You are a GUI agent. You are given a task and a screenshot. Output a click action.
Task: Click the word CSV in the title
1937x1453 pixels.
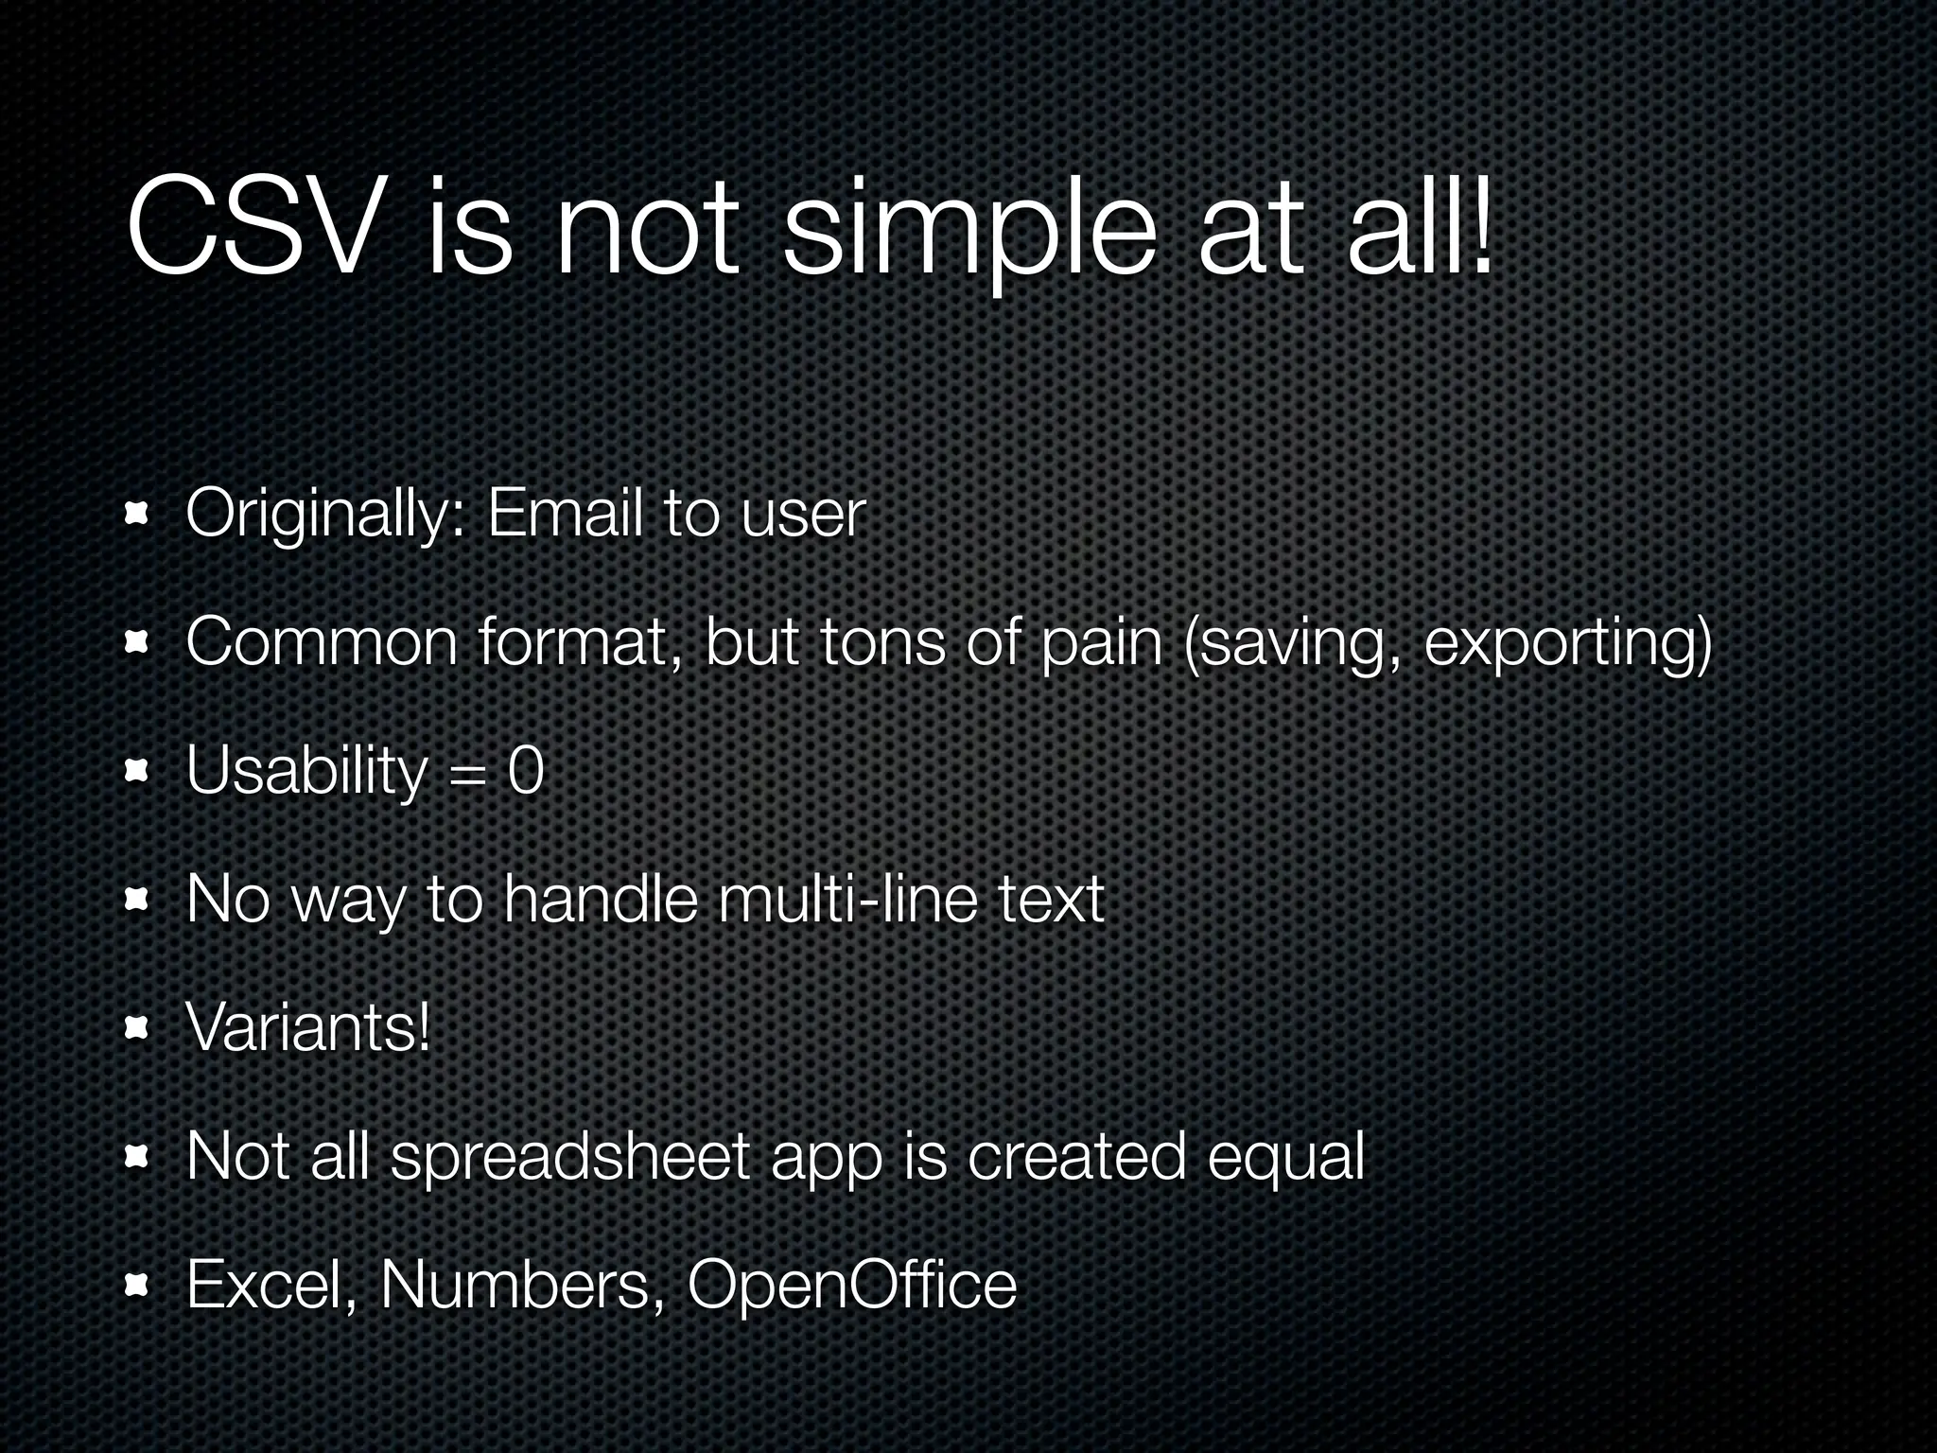(250, 230)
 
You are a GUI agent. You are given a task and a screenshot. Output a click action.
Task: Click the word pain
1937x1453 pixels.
(1101, 643)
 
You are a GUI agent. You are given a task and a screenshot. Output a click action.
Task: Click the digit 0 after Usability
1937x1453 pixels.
(526, 771)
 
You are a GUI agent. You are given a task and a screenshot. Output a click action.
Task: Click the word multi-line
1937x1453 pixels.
(847, 899)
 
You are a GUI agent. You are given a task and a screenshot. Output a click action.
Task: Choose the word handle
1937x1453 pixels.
(601, 899)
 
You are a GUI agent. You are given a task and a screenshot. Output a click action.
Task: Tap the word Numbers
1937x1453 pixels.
(516, 1284)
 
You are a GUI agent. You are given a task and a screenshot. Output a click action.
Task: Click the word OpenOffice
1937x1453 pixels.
(851, 1284)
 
